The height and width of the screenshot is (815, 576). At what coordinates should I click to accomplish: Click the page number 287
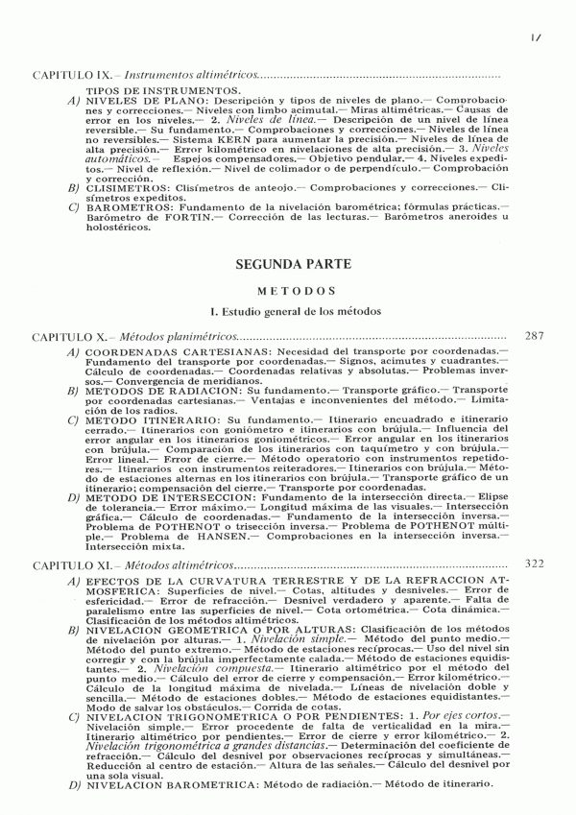point(539,337)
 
